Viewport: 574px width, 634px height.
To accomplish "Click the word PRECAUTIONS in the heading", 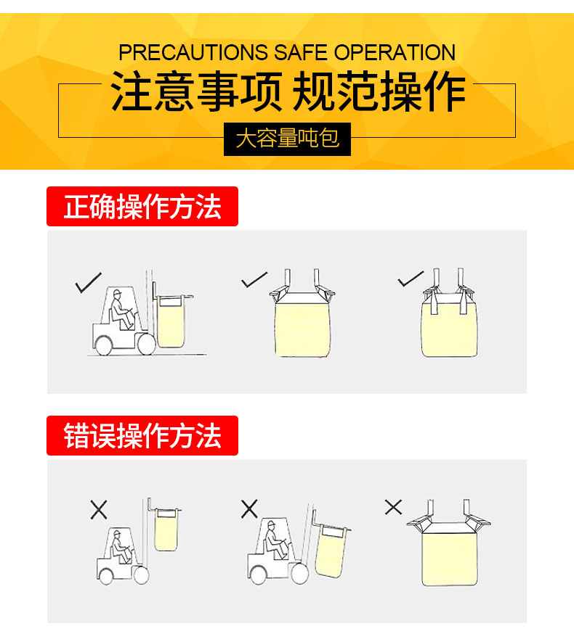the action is pyautogui.click(x=193, y=52).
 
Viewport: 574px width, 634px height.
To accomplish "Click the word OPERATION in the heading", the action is pyautogui.click(x=395, y=52).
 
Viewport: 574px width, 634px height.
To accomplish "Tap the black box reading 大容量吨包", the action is pyautogui.click(x=287, y=139).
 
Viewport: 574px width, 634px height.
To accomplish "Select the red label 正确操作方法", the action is pyautogui.click(x=142, y=206).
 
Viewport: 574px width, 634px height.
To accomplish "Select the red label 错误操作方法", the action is pyautogui.click(x=142, y=435).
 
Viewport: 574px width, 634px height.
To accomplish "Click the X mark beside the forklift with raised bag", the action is pyautogui.click(x=99, y=509).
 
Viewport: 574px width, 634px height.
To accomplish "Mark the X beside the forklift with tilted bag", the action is pyautogui.click(x=249, y=509).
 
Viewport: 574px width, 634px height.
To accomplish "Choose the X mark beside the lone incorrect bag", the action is pyautogui.click(x=393, y=507).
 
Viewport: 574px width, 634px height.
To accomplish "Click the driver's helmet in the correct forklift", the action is pyautogui.click(x=117, y=293).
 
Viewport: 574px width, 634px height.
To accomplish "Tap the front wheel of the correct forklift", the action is pyautogui.click(x=146, y=345).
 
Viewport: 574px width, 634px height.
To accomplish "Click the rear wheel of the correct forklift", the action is pyautogui.click(x=103, y=346).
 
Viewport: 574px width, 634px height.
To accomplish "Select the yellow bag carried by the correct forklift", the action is pyautogui.click(x=171, y=322).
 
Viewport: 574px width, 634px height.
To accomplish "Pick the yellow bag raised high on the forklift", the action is pyautogui.click(x=166, y=530).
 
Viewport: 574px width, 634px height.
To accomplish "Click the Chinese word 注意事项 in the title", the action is pyautogui.click(x=196, y=91).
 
